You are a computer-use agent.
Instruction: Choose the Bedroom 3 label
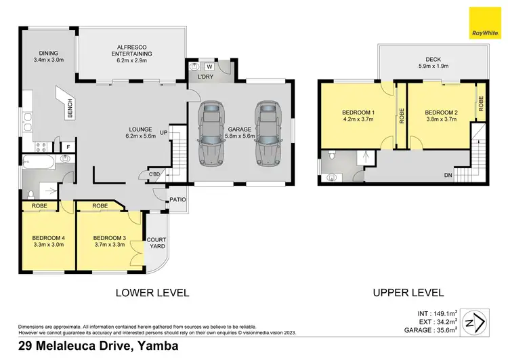click(110, 241)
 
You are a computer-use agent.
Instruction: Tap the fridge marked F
click(68, 146)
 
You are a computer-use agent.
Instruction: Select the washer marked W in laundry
click(209, 66)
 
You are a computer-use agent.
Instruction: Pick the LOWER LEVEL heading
click(152, 293)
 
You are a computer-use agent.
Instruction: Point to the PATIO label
click(177, 200)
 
